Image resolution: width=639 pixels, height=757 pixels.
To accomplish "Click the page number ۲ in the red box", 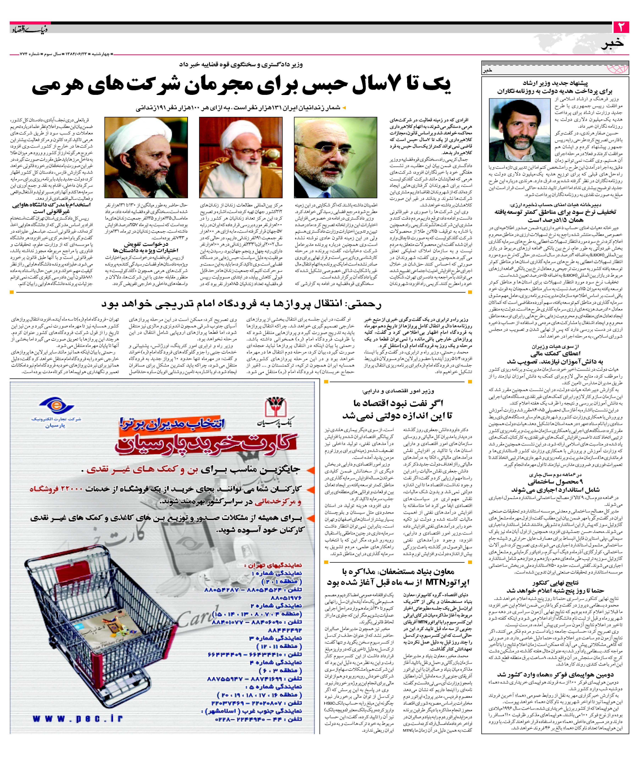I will (x=622, y=27).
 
